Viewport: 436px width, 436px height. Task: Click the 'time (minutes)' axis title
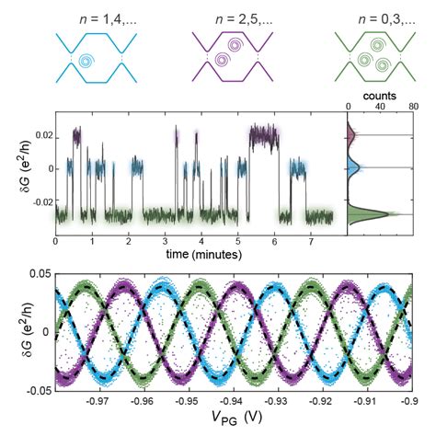coord(193,253)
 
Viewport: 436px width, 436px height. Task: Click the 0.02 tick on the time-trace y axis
coord(40,137)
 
